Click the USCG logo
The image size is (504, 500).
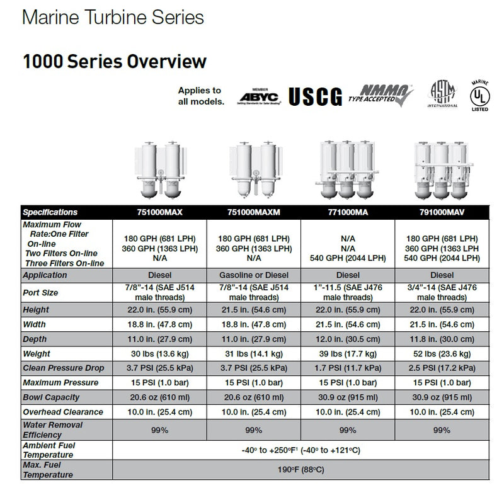[315, 96]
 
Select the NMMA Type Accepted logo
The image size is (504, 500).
[382, 95]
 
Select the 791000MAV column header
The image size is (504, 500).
[441, 212]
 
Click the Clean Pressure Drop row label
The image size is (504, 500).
[63, 368]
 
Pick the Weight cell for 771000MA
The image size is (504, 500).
[348, 354]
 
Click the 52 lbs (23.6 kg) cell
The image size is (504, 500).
[441, 354]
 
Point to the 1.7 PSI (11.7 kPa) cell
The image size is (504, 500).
[348, 368]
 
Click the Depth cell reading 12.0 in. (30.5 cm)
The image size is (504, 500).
[348, 339]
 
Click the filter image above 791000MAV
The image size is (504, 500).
[441, 170]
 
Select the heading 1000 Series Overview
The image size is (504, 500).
[115, 61]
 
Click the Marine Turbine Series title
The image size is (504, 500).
[113, 17]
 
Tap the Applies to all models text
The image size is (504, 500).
[200, 95]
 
